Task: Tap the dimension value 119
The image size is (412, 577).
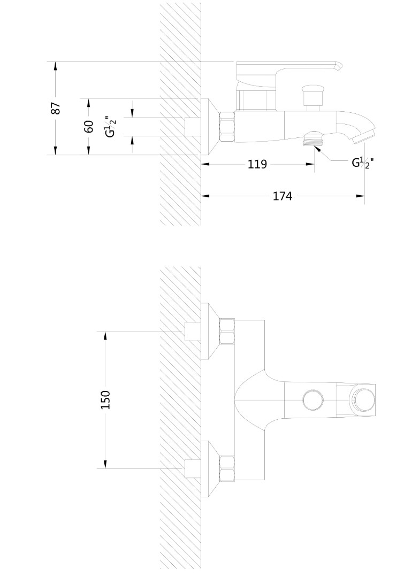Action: pos(257,164)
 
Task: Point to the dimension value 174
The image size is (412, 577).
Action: pos(283,196)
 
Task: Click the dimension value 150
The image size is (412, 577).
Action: pos(105,400)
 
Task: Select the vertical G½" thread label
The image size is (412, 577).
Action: pos(110,127)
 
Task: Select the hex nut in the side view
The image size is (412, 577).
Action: pos(228,127)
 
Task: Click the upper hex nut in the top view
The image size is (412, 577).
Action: pos(227,332)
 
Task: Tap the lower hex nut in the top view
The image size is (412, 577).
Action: pos(227,469)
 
